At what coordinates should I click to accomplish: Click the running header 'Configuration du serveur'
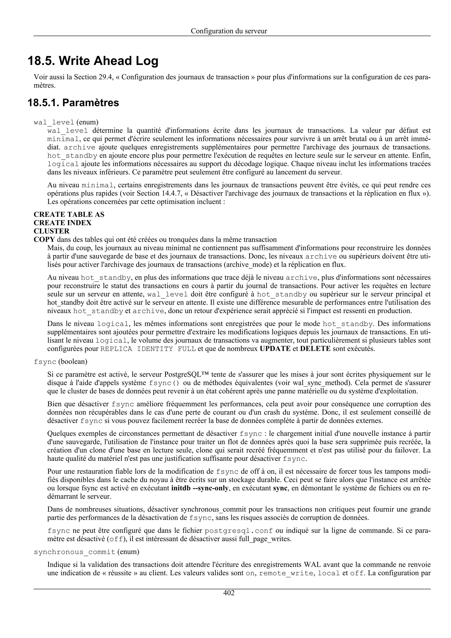pyautogui.click(x=229, y=31)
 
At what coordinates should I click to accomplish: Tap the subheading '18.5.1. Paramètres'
pyautogui.click(x=73, y=103)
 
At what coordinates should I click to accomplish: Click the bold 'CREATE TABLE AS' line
pyautogui.click(x=69, y=214)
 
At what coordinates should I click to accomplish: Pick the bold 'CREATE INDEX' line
pyautogui.click(x=63, y=223)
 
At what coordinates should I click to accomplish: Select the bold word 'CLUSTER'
pyautogui.click(x=51, y=231)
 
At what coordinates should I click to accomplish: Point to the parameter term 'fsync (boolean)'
pyautogui.click(x=60, y=362)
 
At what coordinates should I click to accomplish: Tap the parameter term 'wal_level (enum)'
pyautogui.click(x=66, y=122)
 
